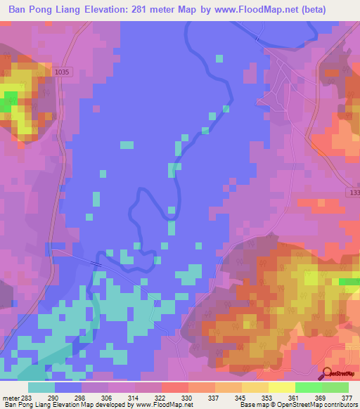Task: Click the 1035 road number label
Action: coord(63,72)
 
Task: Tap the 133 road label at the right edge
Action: coord(353,193)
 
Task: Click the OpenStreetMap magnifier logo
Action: coord(326,373)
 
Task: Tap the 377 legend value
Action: coord(347,397)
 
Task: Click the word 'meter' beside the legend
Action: coord(11,397)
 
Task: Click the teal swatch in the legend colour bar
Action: coord(41,387)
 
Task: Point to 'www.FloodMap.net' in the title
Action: coord(269,9)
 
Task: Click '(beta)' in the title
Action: coord(333,9)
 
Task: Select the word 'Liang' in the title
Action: coord(75,9)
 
